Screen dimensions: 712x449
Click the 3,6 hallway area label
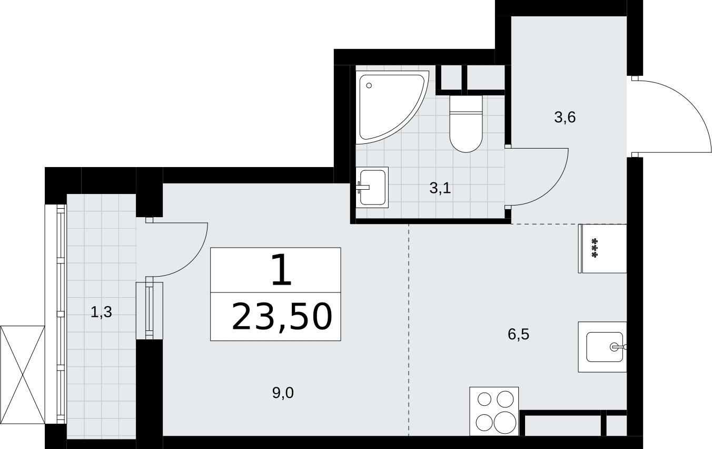pyautogui.click(x=565, y=118)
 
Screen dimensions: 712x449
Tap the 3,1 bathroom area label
pyautogui.click(x=440, y=188)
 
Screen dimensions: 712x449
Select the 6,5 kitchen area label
pyautogui.click(x=518, y=335)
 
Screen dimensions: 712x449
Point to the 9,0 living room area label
pyautogui.click(x=283, y=393)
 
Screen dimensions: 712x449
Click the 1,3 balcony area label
pyautogui.click(x=101, y=313)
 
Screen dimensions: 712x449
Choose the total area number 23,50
pyautogui.click(x=282, y=317)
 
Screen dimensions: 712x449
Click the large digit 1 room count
pyautogui.click(x=282, y=269)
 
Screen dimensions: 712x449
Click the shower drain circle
pyautogui.click(x=369, y=85)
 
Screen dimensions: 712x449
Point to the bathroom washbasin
pyautogui.click(x=372, y=187)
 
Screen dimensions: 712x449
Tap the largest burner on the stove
pyautogui.click(x=505, y=423)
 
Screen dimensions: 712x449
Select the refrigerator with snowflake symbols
pyautogui.click(x=602, y=248)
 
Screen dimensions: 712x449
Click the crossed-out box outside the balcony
pyautogui.click(x=23, y=375)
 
